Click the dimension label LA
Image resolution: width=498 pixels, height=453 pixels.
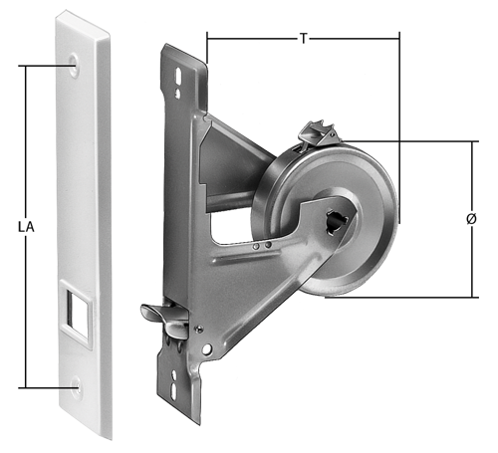pos(26,228)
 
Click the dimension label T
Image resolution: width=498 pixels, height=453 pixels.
pos(303,39)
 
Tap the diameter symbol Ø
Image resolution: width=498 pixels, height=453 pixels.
pos(471,219)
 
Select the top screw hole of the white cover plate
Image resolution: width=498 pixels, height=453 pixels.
pos(74,63)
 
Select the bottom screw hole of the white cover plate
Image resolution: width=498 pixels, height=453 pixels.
pos(78,387)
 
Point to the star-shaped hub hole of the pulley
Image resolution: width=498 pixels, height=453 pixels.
pos(337,220)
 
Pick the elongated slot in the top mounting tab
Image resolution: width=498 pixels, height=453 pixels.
pos(178,76)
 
